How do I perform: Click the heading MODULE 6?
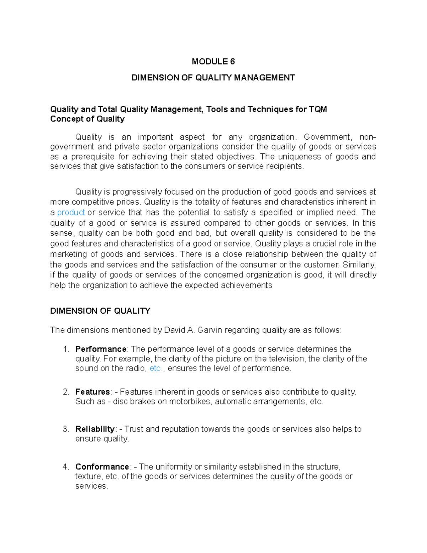pyautogui.click(x=213, y=62)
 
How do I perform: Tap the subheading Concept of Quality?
pyautogui.click(x=87, y=119)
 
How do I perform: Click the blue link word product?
pyautogui.click(x=71, y=213)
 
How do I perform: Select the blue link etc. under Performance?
pyautogui.click(x=155, y=369)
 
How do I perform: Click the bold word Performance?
pyautogui.click(x=101, y=349)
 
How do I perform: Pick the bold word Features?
pyautogui.click(x=93, y=392)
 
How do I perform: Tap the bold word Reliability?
pyautogui.click(x=95, y=429)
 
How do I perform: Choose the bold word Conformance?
pyautogui.click(x=102, y=467)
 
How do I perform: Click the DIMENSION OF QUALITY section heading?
pyautogui.click(x=100, y=311)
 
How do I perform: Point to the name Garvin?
pyautogui.click(x=209, y=330)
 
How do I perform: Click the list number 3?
pyautogui.click(x=65, y=429)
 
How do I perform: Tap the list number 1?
pyautogui.click(x=65, y=349)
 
